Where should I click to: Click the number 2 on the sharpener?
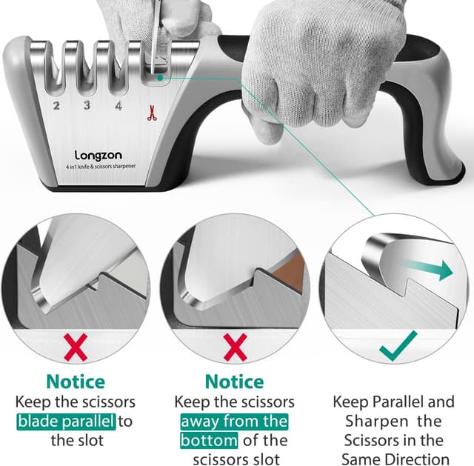click(x=56, y=106)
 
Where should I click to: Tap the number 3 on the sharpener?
click(x=87, y=106)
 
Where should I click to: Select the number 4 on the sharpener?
click(x=118, y=106)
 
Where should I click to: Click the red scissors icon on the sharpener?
click(x=150, y=113)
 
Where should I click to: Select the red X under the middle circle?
click(x=233, y=347)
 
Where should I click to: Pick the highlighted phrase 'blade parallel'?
click(x=66, y=421)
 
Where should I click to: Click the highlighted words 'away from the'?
click(x=234, y=421)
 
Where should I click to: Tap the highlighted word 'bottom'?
click(x=208, y=440)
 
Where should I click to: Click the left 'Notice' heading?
click(x=76, y=382)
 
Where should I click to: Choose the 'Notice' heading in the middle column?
click(x=234, y=382)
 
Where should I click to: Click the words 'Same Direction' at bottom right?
click(x=393, y=459)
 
